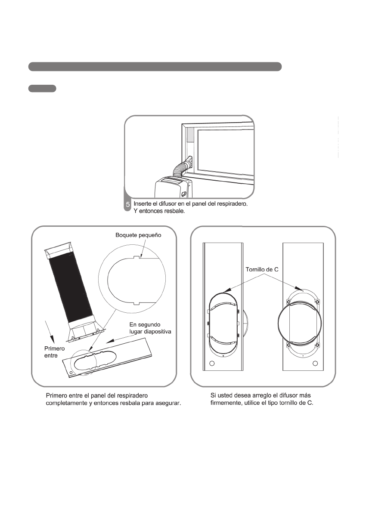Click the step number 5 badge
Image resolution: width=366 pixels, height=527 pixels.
127,204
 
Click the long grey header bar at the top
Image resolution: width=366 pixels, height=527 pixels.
155,66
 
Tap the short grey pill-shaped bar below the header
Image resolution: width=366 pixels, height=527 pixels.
42,89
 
